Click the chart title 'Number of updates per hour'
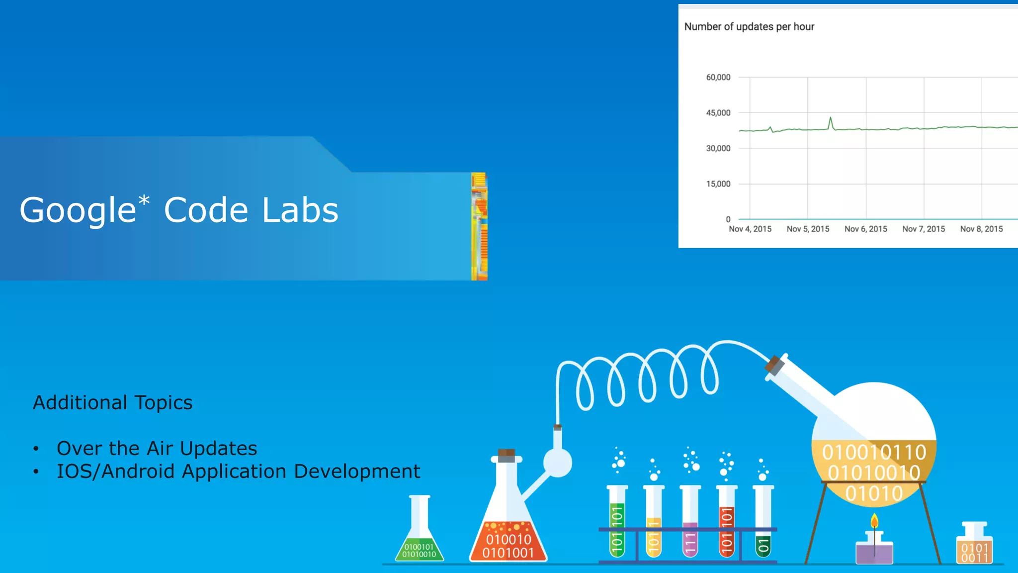[749, 27]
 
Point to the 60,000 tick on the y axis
[718, 78]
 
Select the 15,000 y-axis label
[718, 184]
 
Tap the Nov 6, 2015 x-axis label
[865, 229]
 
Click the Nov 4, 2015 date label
[750, 229]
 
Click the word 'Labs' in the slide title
[300, 210]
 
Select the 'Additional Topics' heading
[112, 402]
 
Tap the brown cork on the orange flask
[506, 455]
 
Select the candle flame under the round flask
[874, 521]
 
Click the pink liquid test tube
[690, 537]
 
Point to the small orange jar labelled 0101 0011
[974, 547]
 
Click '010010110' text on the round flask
[873, 453]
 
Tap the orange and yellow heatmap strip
[479, 226]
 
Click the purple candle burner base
[874, 552]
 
